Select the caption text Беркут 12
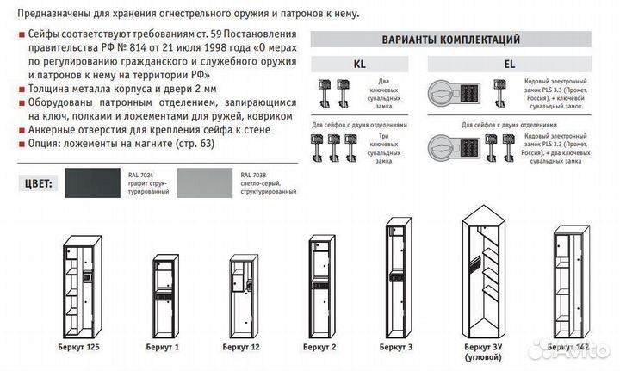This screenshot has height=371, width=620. point(241,345)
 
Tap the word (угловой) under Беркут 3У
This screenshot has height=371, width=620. point(480,356)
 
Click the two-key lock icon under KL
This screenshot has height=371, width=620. point(332,94)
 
